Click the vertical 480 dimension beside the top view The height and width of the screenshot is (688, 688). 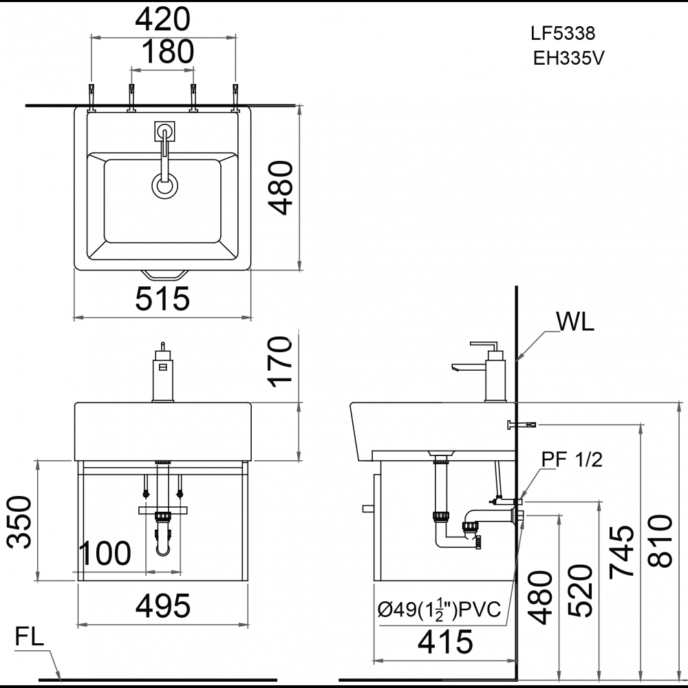279,187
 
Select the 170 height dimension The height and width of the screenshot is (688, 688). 279,363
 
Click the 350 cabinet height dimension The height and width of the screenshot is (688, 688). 21,521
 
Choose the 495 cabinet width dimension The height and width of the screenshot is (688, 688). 162,606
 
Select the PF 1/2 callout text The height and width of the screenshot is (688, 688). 571,460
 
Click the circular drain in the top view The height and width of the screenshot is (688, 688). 164,186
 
